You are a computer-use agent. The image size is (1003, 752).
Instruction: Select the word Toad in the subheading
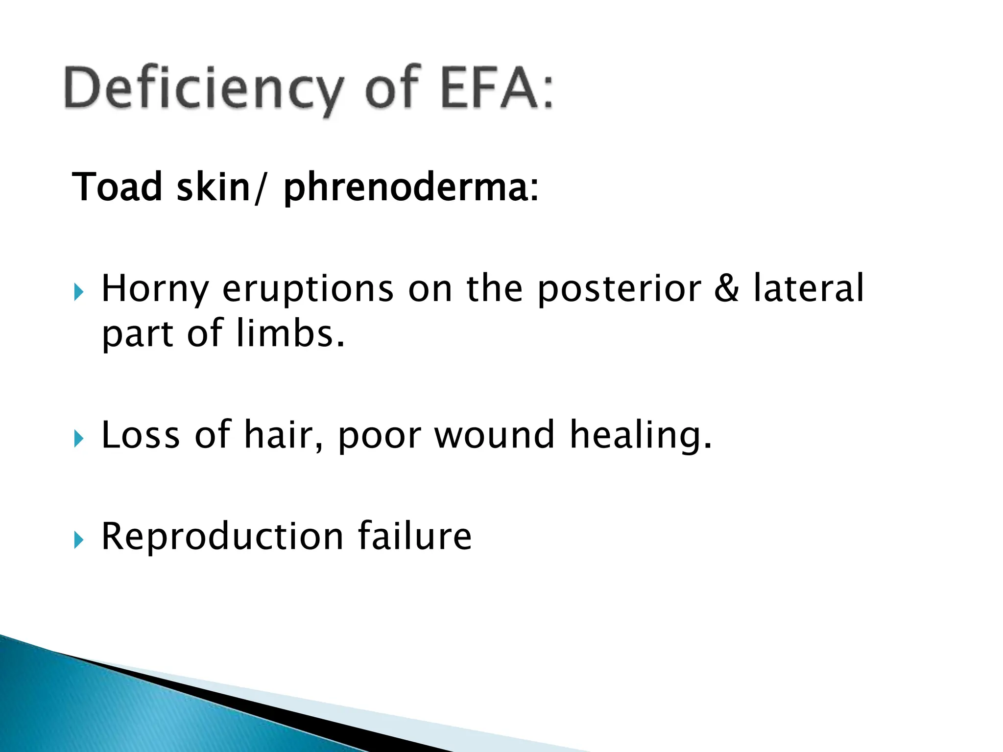tap(117, 187)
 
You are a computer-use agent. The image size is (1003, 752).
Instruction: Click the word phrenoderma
tap(406, 188)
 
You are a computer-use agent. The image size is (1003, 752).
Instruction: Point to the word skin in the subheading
tap(214, 187)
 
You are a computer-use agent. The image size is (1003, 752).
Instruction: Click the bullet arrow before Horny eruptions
tap(79, 293)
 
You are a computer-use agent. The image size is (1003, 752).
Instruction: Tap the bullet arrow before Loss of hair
tap(79, 439)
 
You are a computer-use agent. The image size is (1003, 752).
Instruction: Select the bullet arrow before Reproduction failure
tap(79, 540)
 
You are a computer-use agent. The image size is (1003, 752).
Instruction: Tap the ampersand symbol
tap(726, 289)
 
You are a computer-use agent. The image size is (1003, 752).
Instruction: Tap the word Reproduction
tap(222, 537)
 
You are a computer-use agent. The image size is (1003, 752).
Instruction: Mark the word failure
tap(414, 537)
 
